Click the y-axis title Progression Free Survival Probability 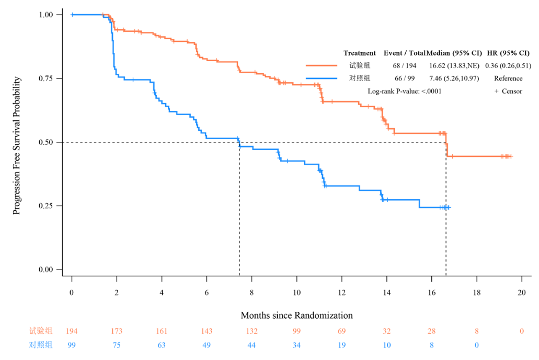coord(17,146)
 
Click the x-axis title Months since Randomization coord(296,316)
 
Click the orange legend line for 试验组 coord(322,65)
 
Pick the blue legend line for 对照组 coord(322,78)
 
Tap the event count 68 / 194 coord(405,65)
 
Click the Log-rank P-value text coord(405,91)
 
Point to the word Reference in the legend coord(508,78)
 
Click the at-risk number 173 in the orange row coord(117,331)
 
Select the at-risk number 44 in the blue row coord(251,345)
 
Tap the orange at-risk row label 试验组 coord(41,331)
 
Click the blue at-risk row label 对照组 coord(41,345)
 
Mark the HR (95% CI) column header coord(508,53)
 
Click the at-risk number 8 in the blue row coord(432,345)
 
